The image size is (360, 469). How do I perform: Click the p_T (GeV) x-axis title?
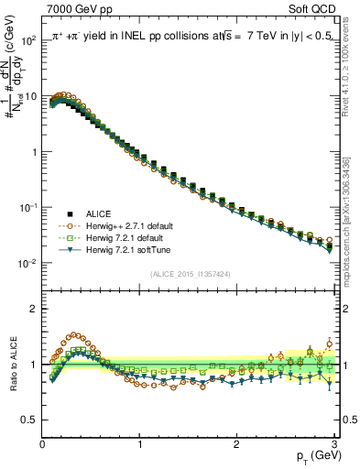pos(314,456)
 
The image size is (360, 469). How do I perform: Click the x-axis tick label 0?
pos(42,442)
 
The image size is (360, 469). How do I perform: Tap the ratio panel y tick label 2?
pos(33,309)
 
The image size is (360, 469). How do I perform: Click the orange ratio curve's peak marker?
pos(74,335)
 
